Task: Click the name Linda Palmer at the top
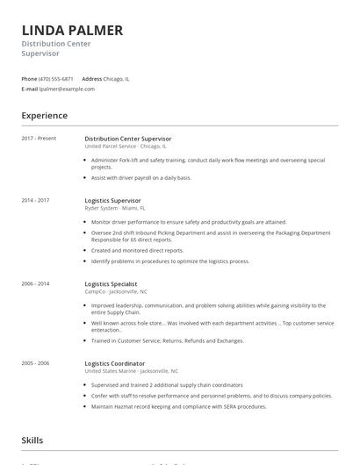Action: [72, 31]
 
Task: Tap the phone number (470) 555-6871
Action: [56, 79]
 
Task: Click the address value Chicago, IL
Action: [117, 79]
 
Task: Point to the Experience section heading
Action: [44, 116]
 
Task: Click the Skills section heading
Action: [32, 440]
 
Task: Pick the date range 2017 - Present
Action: [39, 139]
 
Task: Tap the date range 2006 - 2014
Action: [36, 284]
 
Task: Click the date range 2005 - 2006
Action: [36, 363]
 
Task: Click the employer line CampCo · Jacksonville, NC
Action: [116, 292]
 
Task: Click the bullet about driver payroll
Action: [140, 178]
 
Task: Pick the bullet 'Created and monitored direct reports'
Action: [137, 251]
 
